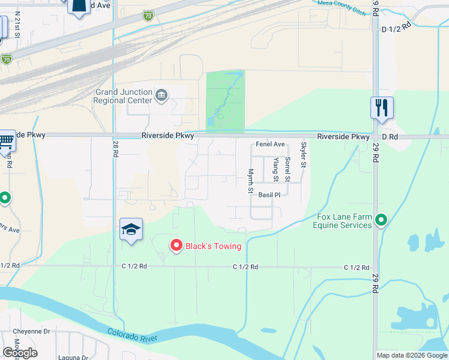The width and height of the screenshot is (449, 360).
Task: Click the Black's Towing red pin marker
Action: (x=176, y=245)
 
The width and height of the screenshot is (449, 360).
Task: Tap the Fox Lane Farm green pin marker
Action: (x=381, y=221)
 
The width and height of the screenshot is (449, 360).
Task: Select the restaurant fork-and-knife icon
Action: (x=382, y=108)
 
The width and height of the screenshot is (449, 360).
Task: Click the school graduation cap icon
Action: (x=131, y=229)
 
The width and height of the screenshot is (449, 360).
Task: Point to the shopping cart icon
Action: (x=6, y=142)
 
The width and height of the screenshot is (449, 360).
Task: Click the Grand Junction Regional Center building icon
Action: (x=161, y=95)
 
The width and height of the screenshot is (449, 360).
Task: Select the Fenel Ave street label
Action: (x=270, y=145)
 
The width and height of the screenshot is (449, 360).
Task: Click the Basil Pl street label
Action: (x=270, y=195)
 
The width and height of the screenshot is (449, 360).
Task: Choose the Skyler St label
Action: (x=304, y=155)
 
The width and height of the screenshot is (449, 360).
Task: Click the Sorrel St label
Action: (x=288, y=170)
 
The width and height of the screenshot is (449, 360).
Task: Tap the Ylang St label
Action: (x=276, y=170)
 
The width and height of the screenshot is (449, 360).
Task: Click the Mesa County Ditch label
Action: (x=341, y=3)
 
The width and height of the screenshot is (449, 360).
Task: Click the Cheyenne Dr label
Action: (x=31, y=331)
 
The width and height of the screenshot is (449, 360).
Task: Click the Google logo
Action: (x=20, y=353)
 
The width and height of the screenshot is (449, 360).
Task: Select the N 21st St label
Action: (x=18, y=28)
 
